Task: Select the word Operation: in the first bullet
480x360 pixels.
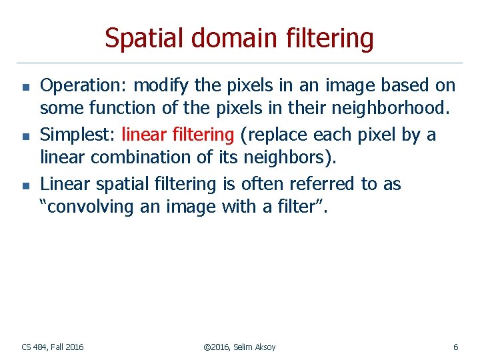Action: (84, 86)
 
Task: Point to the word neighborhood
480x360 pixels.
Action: (397, 107)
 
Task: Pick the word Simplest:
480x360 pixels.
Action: (78, 135)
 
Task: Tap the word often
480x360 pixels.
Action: (261, 184)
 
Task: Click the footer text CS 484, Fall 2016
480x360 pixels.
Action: (53, 347)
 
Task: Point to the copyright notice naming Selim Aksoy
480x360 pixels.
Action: (239, 347)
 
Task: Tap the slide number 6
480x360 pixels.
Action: (455, 347)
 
